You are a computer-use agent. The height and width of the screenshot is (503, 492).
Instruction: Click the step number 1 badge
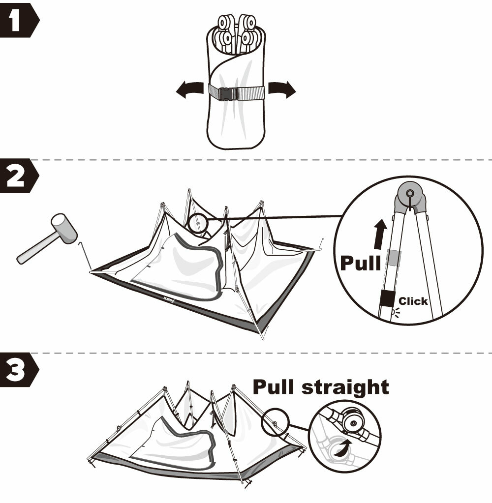click(x=19, y=20)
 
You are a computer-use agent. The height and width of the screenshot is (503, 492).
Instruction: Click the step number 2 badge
click(x=19, y=176)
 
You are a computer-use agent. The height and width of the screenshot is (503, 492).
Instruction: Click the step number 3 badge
click(x=19, y=370)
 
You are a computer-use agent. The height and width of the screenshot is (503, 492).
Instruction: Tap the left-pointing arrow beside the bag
click(x=190, y=89)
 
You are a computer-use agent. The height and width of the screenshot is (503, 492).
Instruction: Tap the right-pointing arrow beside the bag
click(x=282, y=89)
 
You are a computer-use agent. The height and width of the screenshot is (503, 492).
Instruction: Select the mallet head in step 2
click(x=64, y=229)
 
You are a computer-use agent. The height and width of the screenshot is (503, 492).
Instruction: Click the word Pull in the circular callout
click(x=360, y=263)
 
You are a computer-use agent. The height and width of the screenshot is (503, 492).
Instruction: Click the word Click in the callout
click(x=413, y=301)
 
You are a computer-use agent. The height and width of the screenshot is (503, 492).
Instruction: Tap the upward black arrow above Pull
click(x=381, y=234)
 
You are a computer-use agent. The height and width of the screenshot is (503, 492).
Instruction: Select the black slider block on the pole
click(x=387, y=298)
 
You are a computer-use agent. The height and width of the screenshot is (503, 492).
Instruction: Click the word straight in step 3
click(x=345, y=387)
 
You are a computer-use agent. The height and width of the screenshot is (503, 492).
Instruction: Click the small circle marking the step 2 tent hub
click(x=198, y=223)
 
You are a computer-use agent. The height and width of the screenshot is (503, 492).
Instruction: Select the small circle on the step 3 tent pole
click(x=276, y=422)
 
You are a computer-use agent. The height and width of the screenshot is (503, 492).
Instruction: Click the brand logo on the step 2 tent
click(x=169, y=299)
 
